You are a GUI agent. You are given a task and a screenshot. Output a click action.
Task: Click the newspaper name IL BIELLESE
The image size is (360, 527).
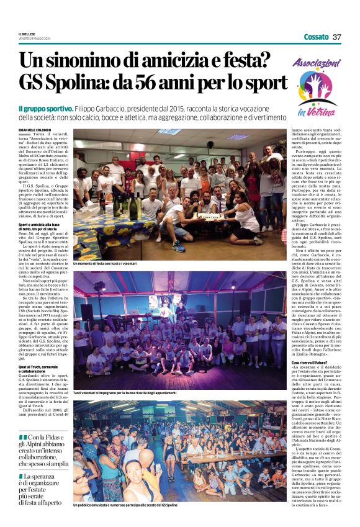[26, 34]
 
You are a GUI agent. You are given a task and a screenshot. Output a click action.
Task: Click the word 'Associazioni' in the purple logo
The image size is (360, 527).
[316, 64]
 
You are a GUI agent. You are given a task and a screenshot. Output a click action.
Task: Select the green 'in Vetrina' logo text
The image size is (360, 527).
[310, 111]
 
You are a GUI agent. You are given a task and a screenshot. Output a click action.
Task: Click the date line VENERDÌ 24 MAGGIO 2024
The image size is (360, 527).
[34, 38]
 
